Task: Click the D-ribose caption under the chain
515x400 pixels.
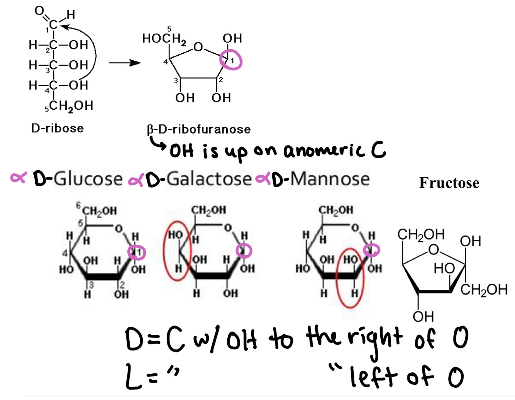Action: coord(57,128)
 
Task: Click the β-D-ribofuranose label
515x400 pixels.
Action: coord(198,129)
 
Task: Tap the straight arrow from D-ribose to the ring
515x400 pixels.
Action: coord(124,63)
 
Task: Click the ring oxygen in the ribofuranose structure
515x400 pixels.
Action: coord(198,47)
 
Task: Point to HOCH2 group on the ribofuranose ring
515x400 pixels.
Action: coord(164,38)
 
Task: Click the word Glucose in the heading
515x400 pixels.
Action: coord(88,179)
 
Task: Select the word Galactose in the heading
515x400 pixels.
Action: coord(209,179)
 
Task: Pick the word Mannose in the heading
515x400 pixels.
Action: coord(330,179)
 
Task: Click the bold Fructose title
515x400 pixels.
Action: coord(449,183)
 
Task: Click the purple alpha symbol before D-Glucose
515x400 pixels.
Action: coord(19,178)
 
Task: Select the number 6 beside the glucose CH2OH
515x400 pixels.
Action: coord(78,206)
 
